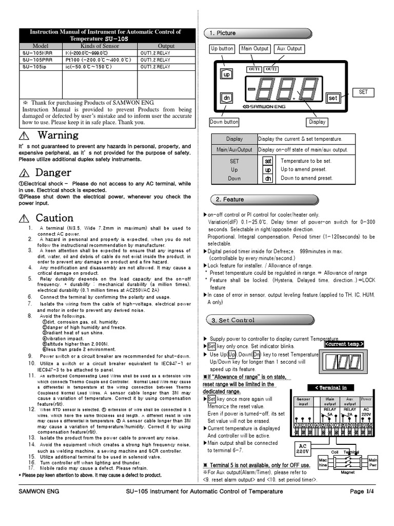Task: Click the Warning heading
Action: (x=58, y=135)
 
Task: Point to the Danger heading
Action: (x=54, y=173)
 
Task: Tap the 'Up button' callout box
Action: (x=222, y=49)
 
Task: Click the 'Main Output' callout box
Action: (x=254, y=49)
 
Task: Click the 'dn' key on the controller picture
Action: (x=226, y=97)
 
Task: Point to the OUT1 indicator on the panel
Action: (x=254, y=69)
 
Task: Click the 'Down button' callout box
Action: (x=224, y=122)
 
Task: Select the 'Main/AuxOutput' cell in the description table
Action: (x=234, y=149)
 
